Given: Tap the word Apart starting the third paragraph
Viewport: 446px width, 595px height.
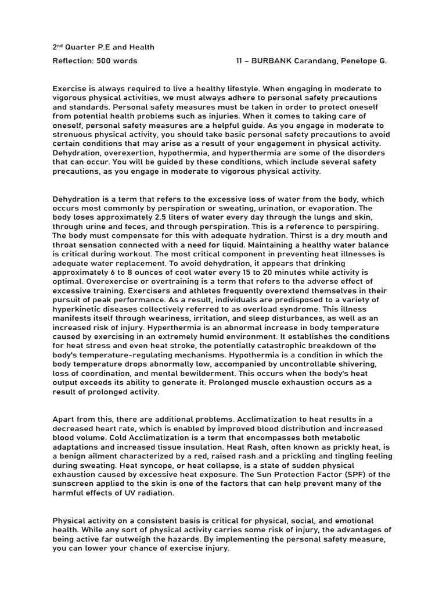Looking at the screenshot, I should point(64,419).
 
